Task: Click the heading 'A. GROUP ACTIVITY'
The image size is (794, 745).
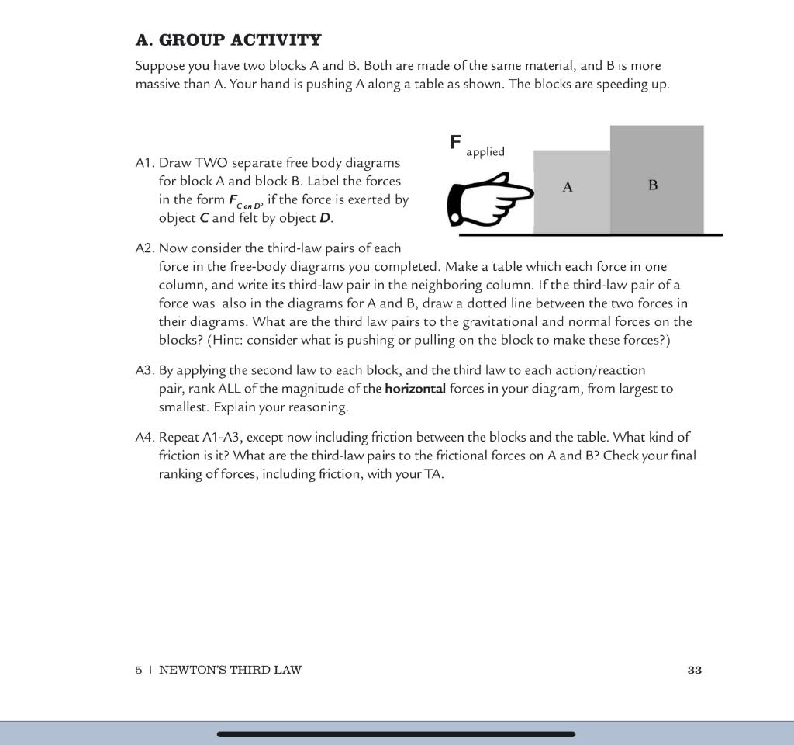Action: click(x=228, y=40)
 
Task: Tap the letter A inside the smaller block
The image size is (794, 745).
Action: click(x=568, y=187)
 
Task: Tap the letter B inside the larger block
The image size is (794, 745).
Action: click(x=653, y=185)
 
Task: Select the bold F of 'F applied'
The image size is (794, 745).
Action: click(x=456, y=142)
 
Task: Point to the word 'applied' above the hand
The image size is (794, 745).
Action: click(x=485, y=152)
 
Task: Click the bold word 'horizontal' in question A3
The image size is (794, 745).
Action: click(x=415, y=389)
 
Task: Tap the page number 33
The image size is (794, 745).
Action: click(x=694, y=670)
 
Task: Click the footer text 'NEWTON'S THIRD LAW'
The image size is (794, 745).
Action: click(x=230, y=670)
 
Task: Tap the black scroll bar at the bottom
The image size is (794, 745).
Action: click(x=396, y=733)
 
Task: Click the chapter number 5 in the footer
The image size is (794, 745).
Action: click(x=139, y=670)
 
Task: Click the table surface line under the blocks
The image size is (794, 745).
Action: click(x=589, y=234)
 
